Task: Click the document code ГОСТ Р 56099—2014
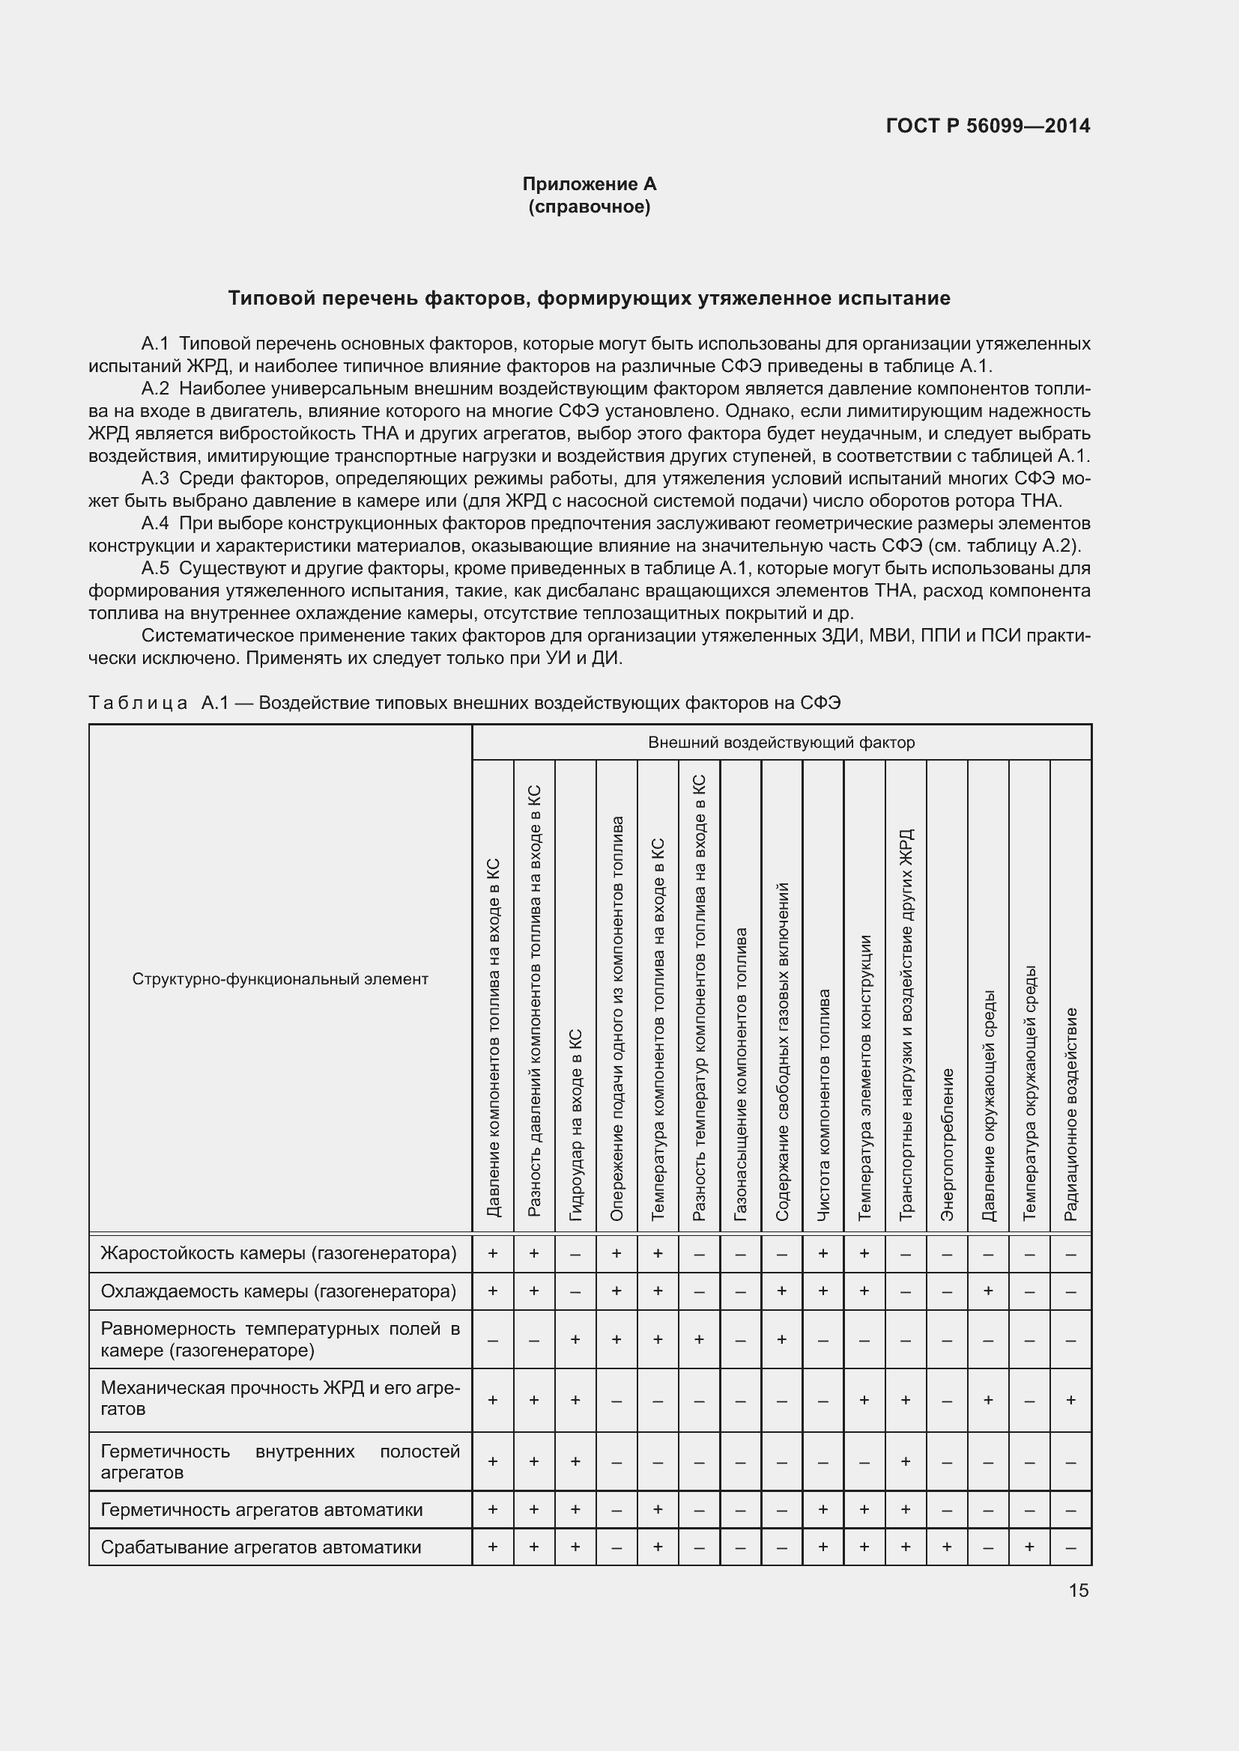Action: point(988,126)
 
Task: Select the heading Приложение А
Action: point(589,184)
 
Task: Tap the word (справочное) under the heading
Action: point(589,207)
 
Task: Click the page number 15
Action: point(1078,1590)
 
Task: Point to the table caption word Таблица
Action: point(138,702)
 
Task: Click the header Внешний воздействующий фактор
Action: point(781,742)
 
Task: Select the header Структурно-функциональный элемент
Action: point(280,978)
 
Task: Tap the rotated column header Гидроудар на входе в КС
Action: point(576,1124)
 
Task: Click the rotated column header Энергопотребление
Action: point(947,1144)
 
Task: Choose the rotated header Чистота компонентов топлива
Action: point(823,1105)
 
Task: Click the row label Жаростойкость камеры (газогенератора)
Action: point(279,1253)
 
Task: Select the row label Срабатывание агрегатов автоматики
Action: point(261,1547)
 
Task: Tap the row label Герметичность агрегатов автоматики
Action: point(261,1510)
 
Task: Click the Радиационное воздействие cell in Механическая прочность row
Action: point(1070,1400)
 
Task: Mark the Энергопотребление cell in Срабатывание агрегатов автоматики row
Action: point(947,1547)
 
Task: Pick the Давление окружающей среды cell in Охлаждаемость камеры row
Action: point(988,1291)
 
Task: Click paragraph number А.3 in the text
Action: point(155,478)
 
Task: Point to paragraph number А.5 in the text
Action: point(155,568)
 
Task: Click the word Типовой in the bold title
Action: point(272,298)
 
